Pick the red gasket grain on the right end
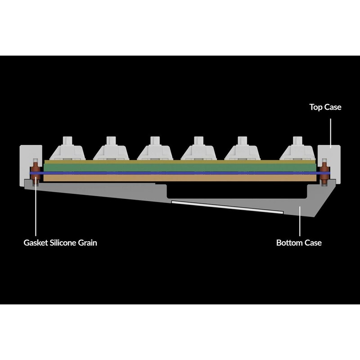(x=324, y=173)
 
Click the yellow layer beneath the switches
(x=180, y=162)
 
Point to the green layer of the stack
(x=180, y=167)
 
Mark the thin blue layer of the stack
(x=180, y=172)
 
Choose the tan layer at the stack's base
(x=180, y=178)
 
